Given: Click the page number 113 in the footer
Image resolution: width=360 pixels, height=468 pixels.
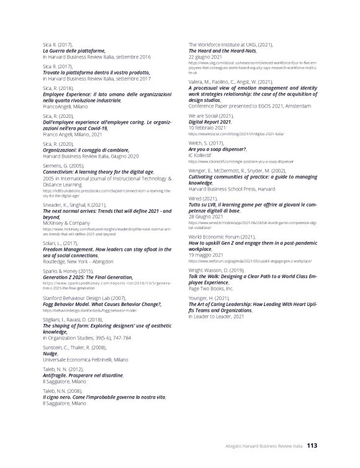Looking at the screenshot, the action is pyautogui.click(x=312, y=444).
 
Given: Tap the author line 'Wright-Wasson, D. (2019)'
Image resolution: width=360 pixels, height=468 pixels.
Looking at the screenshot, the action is pyautogui.click(x=220, y=270).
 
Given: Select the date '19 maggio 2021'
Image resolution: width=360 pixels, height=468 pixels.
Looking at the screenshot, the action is pyautogui.click(x=209, y=253).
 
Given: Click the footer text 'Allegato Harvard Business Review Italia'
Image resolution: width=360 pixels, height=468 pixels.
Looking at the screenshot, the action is pyautogui.click(x=263, y=445).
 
